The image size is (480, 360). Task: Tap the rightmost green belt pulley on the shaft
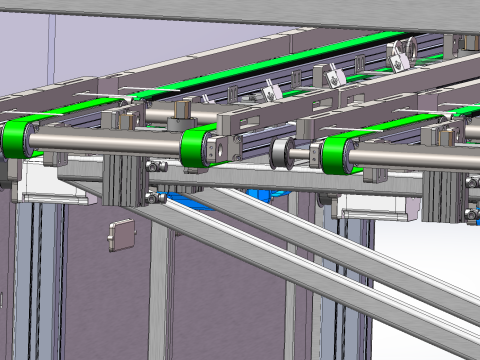tap(334, 155)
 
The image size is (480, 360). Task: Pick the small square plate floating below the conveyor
tap(120, 233)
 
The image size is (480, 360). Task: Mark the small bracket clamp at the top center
tap(270, 94)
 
